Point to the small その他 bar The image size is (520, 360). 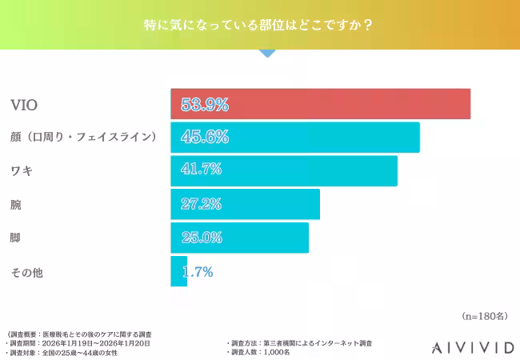click(178, 271)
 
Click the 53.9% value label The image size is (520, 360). click(205, 104)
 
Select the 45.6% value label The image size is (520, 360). click(205, 137)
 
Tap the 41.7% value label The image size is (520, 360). click(201, 170)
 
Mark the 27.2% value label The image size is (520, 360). click(201, 204)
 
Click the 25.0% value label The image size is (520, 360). click(201, 238)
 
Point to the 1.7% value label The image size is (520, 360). click(198, 272)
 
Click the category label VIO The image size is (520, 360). click(24, 105)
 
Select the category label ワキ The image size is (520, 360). click(22, 170)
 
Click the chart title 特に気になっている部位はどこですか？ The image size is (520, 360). click(259, 24)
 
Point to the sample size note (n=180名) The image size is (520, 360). click(485, 316)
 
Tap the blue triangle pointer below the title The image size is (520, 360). click(267, 53)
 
